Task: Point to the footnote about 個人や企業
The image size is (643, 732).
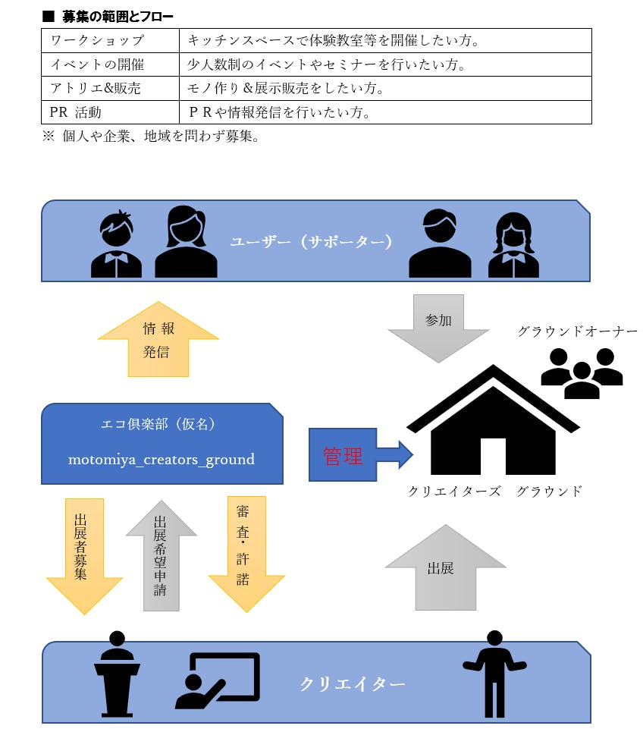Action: [152, 137]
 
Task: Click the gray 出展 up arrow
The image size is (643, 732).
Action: [445, 567]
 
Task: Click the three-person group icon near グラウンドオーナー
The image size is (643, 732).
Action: [582, 372]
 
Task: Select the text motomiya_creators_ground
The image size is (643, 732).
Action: [162, 460]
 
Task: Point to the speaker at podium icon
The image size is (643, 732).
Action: [118, 673]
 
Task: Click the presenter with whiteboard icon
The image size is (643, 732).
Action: [217, 680]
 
